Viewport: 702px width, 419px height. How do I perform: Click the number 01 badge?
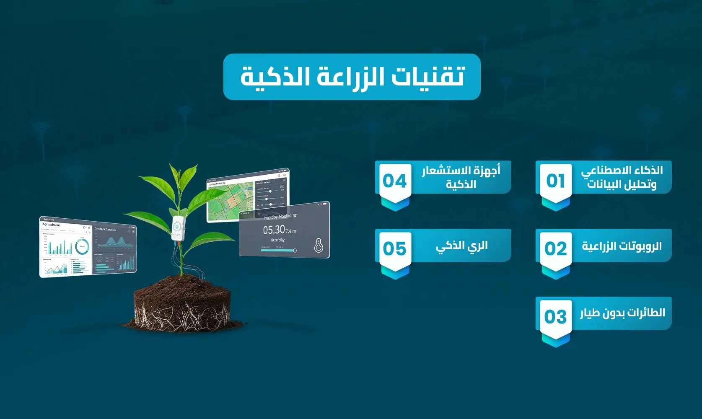(x=555, y=181)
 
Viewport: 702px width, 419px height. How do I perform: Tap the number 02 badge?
(x=555, y=249)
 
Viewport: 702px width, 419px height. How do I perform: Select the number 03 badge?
(x=555, y=317)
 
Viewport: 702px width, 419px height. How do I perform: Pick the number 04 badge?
(x=394, y=181)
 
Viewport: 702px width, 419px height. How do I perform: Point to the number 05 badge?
(x=394, y=249)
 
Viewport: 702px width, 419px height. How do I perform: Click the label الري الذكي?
(x=461, y=246)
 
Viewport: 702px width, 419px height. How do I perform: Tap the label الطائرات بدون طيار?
(x=622, y=313)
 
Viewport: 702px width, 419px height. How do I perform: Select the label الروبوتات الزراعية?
(x=622, y=246)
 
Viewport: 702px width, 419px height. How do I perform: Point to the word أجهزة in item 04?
(x=486, y=171)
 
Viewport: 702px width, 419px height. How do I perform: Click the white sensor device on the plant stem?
(x=178, y=228)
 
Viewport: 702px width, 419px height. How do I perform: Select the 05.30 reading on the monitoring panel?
(x=274, y=230)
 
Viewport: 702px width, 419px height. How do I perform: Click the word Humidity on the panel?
(x=277, y=240)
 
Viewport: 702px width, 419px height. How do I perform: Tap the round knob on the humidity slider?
(x=295, y=251)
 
